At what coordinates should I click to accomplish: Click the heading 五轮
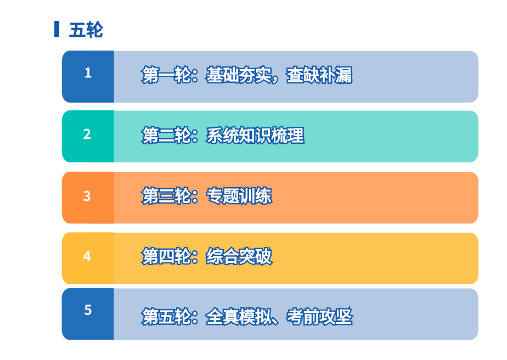tap(86, 30)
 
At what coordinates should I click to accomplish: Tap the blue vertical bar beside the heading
tap(57, 29)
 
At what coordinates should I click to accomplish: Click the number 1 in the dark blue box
tap(88, 73)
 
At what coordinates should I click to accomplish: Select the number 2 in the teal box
tap(87, 134)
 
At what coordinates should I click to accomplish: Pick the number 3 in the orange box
tap(87, 196)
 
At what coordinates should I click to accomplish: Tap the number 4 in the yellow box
tap(87, 256)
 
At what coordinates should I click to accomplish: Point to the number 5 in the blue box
tap(88, 310)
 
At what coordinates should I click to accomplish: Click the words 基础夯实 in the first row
tap(238, 75)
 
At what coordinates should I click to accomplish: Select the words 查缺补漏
tap(319, 75)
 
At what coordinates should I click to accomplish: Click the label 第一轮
tap(166, 75)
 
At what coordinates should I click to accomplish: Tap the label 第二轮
tap(166, 135)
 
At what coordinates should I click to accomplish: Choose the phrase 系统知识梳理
tap(255, 135)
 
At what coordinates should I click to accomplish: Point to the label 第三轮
tap(166, 196)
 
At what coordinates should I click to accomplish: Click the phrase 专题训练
tap(239, 196)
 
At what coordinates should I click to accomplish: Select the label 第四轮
tap(166, 256)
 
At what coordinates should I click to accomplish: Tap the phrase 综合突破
tap(239, 256)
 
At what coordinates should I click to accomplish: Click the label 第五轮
tap(166, 316)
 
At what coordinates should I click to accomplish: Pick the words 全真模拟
tap(238, 316)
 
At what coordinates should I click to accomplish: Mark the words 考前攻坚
tap(319, 316)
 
